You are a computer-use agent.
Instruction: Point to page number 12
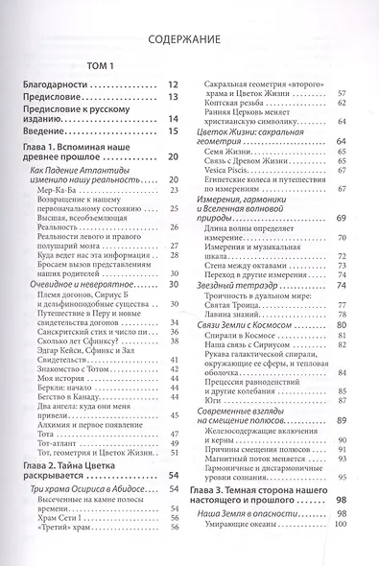(x=175, y=84)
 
